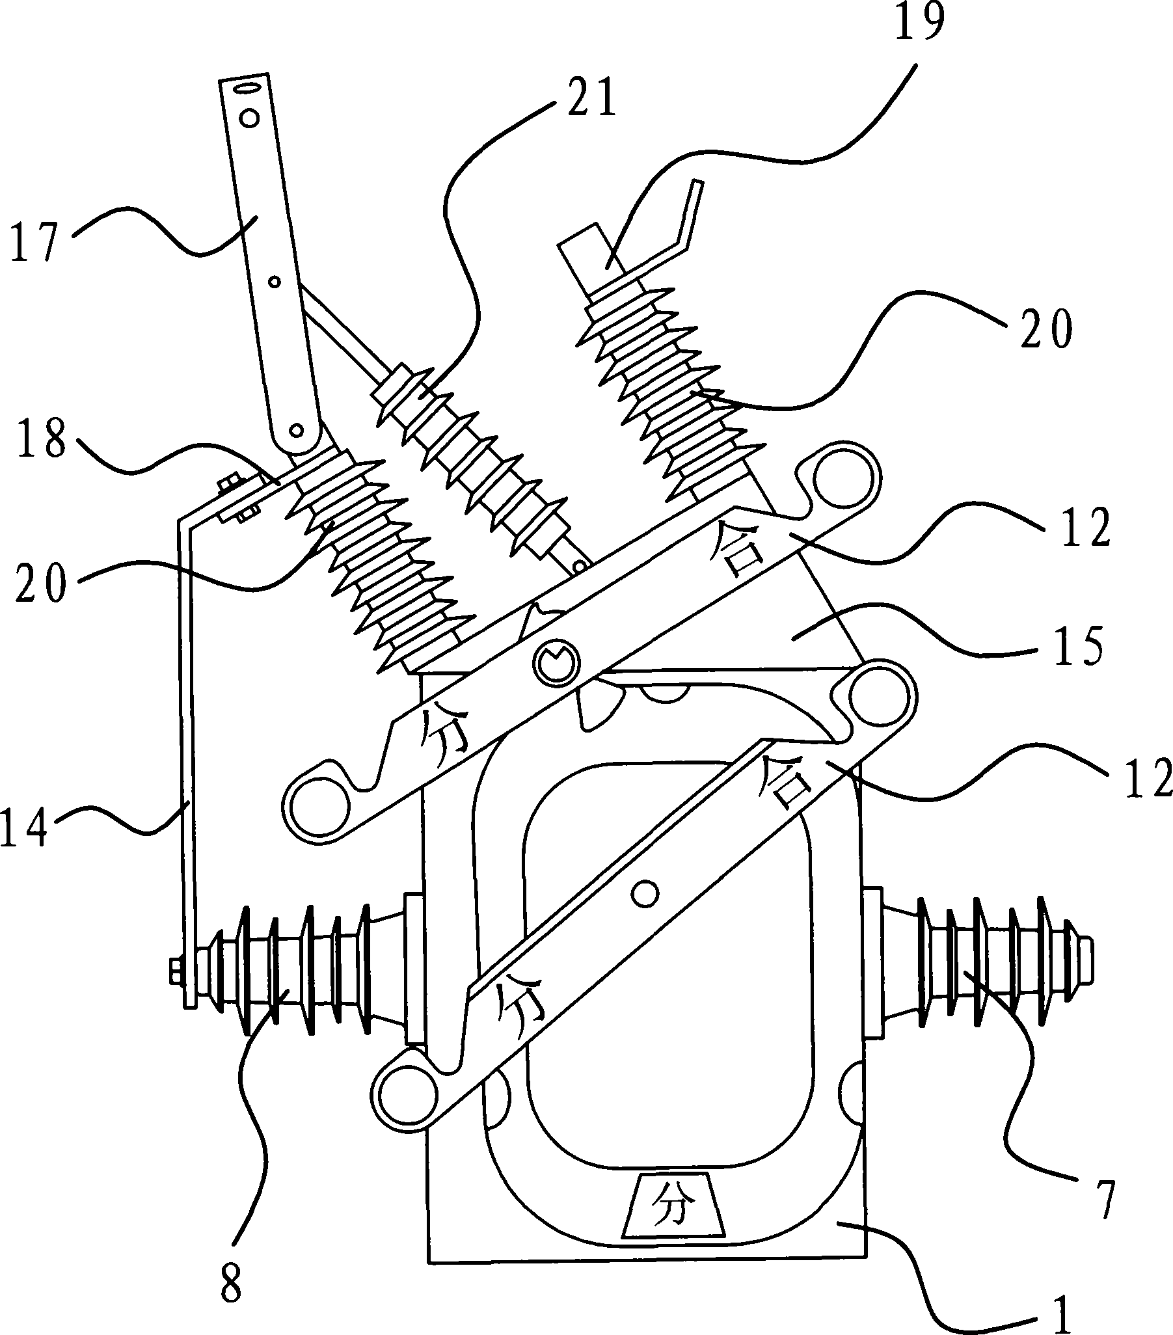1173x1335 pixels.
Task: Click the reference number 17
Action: point(36,241)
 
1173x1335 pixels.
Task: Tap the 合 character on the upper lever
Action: point(738,550)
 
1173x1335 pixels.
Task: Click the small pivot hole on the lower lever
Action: point(645,893)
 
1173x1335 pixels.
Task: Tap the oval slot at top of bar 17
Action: point(248,88)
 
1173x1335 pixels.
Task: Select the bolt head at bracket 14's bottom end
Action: point(176,971)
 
